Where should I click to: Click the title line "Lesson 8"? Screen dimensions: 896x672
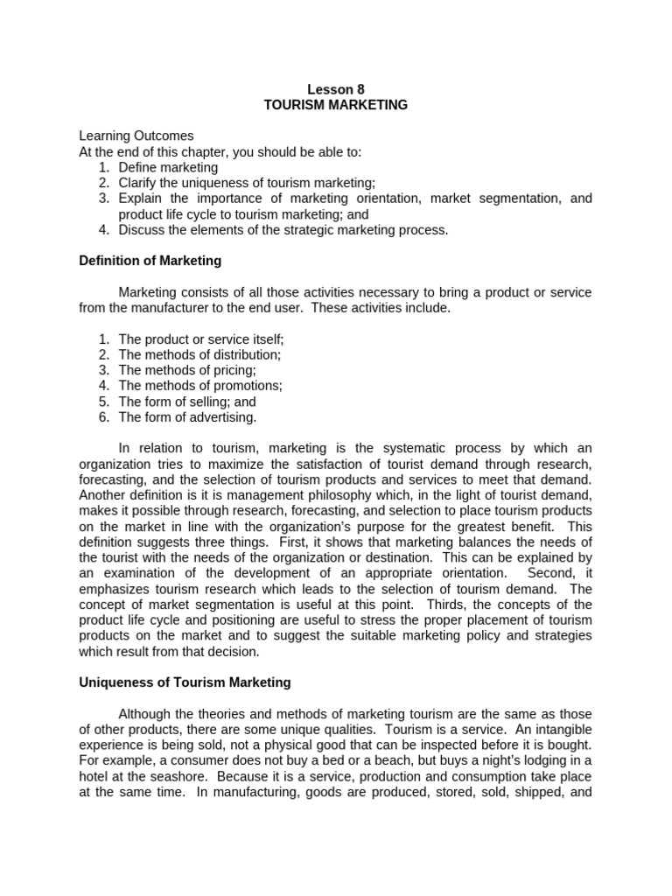pyautogui.click(x=336, y=88)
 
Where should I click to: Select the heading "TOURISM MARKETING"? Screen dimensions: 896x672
pyautogui.click(x=336, y=104)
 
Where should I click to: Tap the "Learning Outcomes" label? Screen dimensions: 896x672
pyautogui.click(x=136, y=136)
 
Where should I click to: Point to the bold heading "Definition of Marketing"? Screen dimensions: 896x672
pyautogui.click(x=150, y=261)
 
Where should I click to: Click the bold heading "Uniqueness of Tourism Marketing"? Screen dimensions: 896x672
pyautogui.click(x=185, y=682)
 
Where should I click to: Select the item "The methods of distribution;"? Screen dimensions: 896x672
pyautogui.click(x=199, y=354)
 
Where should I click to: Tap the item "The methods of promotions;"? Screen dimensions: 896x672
pyautogui.click(x=200, y=386)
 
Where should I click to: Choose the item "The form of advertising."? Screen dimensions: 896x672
pyautogui.click(x=187, y=417)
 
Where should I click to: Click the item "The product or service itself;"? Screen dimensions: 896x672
pyautogui.click(x=201, y=339)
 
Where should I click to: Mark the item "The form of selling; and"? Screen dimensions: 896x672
pyautogui.click(x=187, y=402)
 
